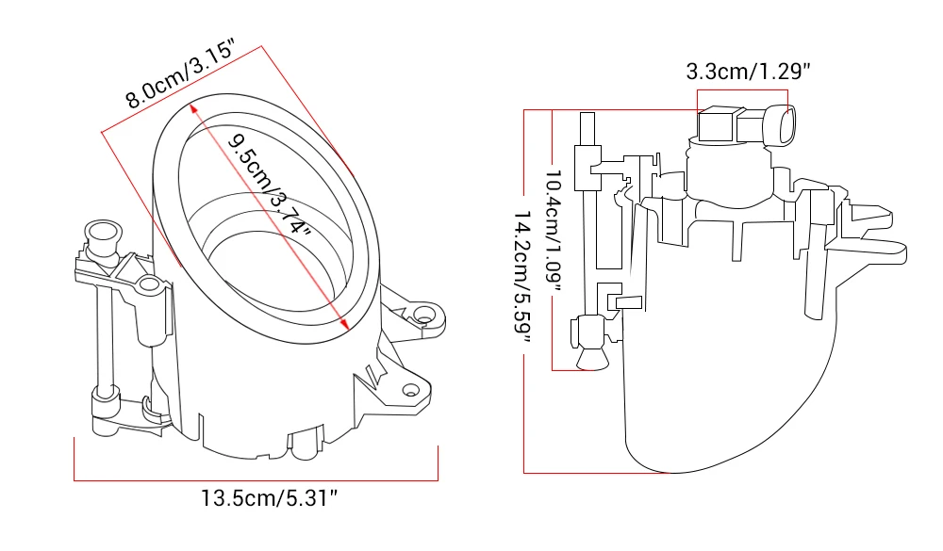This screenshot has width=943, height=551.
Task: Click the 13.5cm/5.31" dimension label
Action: click(269, 498)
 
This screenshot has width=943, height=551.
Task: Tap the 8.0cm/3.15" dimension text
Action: click(179, 73)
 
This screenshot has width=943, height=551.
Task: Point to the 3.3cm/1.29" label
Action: click(748, 72)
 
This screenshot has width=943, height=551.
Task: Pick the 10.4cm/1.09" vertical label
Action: click(553, 229)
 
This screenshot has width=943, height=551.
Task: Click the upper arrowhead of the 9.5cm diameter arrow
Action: click(193, 107)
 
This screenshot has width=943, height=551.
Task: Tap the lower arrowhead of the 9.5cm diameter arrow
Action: click(345, 324)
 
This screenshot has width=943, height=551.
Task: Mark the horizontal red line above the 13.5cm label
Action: click(256, 480)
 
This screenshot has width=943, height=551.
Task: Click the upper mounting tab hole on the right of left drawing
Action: click(425, 314)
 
